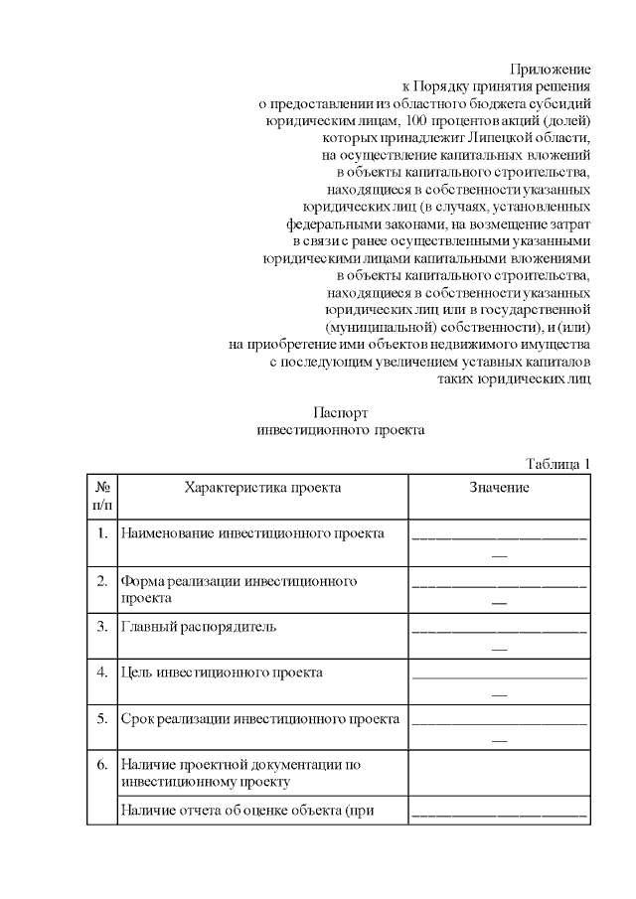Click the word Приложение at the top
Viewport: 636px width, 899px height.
pos(551,70)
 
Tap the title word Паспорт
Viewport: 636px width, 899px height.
pos(341,412)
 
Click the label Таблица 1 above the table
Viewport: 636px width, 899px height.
pos(557,463)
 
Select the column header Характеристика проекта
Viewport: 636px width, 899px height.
pos(262,488)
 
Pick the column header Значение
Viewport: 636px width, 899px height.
pos(499,488)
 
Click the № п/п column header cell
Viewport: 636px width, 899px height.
pos(102,496)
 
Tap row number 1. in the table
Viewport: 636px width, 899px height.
pos(102,533)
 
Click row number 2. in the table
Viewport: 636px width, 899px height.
pos(102,580)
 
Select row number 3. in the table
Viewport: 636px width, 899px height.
pos(102,627)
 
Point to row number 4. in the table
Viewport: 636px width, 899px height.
pos(102,673)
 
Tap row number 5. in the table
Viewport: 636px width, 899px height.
pos(102,718)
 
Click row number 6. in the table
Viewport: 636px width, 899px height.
pos(102,765)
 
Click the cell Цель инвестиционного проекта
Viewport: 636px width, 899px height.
pos(221,673)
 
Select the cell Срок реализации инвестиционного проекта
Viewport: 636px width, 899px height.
pos(259,718)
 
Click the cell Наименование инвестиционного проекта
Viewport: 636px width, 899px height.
pos(251,533)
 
